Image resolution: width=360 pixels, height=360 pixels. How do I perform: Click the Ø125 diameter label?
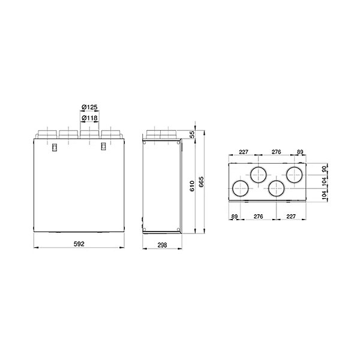pos(89,107)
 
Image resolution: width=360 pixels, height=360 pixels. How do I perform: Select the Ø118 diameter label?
pos(89,118)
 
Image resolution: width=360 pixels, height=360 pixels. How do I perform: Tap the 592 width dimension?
pos(79,244)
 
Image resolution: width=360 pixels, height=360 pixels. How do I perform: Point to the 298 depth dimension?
pos(162,245)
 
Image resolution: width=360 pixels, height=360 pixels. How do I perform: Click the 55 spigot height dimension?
pos(193,134)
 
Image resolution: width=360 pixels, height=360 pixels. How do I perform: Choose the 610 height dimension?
pos(192,186)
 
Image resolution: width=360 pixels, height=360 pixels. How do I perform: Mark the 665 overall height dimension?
pos(201,182)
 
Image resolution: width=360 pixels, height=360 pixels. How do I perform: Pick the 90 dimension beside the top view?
pos(324,169)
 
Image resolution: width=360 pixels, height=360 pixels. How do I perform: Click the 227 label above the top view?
pos(244,152)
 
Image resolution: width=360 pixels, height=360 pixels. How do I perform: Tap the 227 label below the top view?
pos(291,216)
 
